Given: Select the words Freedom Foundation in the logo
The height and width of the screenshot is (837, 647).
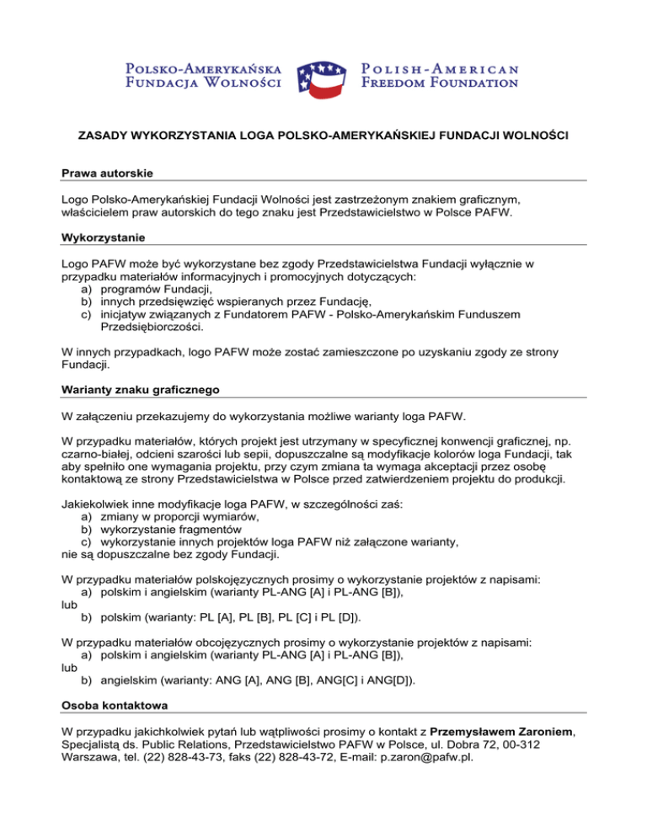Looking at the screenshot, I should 439,83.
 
